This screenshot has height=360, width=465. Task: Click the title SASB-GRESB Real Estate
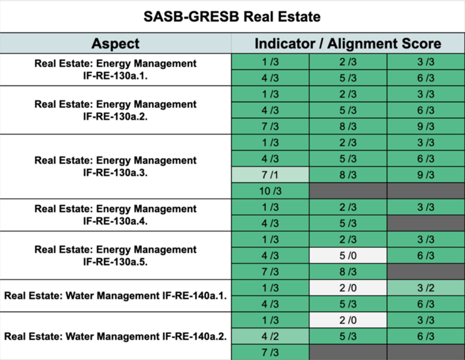(x=232, y=16)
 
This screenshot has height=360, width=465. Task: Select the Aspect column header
(x=115, y=43)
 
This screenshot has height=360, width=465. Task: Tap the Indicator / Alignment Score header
(x=348, y=43)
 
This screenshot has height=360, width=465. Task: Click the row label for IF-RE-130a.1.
(x=115, y=70)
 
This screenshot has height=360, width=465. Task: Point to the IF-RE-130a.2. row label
(x=115, y=110)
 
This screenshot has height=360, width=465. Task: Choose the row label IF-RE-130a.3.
(x=115, y=166)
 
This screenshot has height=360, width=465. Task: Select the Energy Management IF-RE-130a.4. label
(x=115, y=215)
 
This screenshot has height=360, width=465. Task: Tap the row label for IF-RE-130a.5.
(x=115, y=255)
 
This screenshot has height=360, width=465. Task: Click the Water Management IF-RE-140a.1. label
(x=115, y=296)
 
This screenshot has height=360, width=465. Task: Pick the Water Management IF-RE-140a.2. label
(x=115, y=336)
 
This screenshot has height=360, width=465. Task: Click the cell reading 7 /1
(x=270, y=175)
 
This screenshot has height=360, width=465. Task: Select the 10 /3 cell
(x=270, y=191)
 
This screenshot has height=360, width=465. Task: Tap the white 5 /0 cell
(x=348, y=255)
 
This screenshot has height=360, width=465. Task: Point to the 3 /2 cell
(x=425, y=288)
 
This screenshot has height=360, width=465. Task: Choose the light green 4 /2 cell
(x=270, y=336)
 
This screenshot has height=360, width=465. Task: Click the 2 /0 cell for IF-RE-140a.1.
(x=348, y=288)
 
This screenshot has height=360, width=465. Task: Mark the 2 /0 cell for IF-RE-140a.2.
(x=348, y=320)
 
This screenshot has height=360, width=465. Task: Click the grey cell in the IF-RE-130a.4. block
(x=425, y=223)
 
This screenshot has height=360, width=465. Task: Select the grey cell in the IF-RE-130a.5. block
(x=425, y=272)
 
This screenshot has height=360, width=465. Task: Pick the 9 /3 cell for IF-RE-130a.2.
(x=425, y=127)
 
